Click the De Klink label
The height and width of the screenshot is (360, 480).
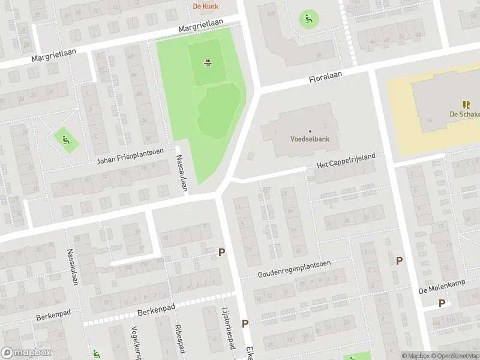206,7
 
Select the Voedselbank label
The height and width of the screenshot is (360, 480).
310,139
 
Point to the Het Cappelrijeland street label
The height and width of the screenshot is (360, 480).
346,160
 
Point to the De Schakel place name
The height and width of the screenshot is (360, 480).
464,115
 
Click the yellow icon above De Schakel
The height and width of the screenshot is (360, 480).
467,104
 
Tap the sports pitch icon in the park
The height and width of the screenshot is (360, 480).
208,62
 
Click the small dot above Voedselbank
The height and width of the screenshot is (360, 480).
310,131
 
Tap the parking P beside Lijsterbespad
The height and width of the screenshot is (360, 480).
245,323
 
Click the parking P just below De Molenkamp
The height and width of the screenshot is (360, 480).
442,303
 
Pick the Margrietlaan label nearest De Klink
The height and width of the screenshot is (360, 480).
200,25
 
